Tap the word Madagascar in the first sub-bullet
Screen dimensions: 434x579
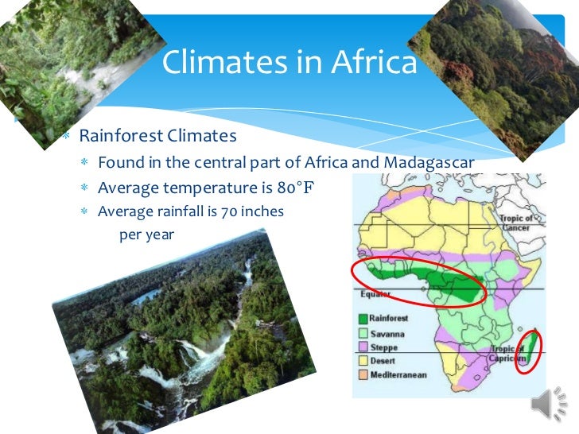[x=429, y=163]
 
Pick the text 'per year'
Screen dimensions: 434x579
[x=146, y=234]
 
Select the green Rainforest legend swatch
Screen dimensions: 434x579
[x=362, y=318]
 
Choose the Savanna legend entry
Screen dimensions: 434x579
[x=387, y=333]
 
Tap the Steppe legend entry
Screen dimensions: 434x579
[x=383, y=347]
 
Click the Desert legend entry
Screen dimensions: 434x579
[x=383, y=361]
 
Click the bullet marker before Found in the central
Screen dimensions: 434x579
[x=84, y=164]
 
